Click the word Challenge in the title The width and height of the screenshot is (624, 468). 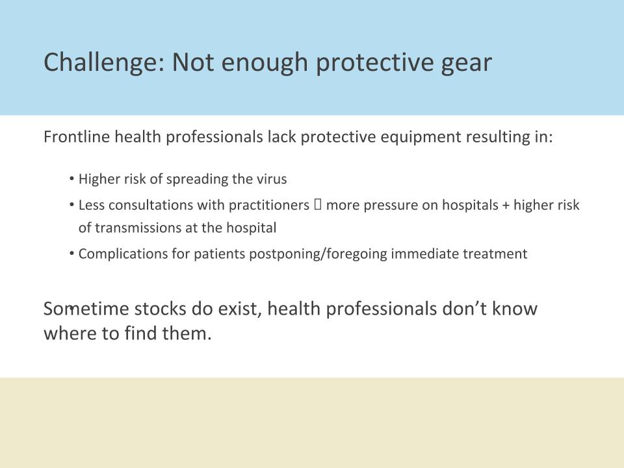(104, 62)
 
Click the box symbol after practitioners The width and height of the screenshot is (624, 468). (318, 205)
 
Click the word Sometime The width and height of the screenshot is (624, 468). (86, 309)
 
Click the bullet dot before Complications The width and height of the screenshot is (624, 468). (72, 253)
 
